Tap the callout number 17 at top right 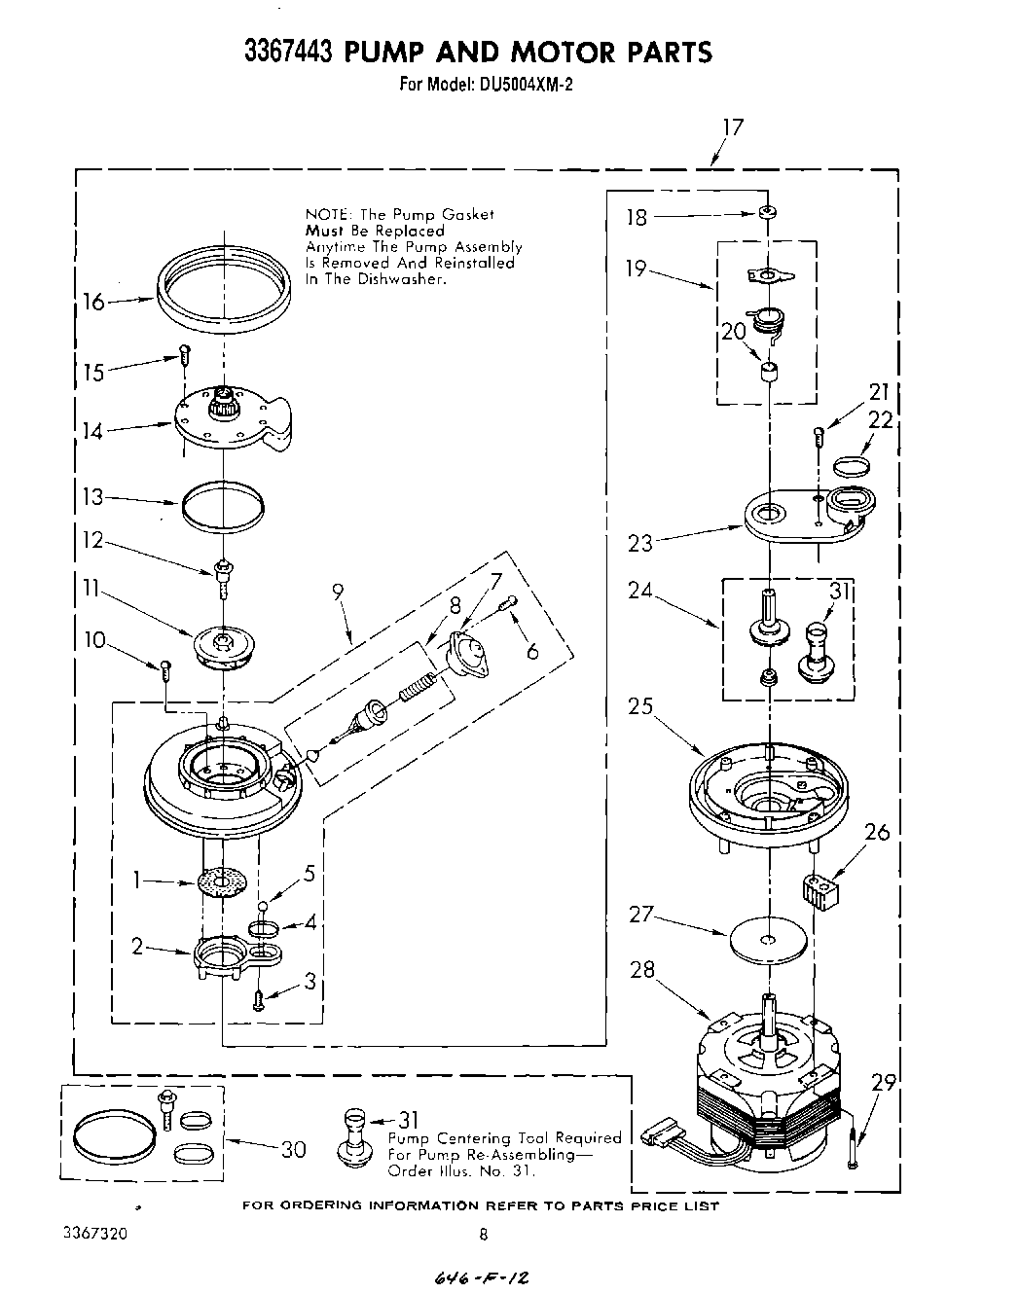tap(732, 127)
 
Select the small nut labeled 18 tap(768, 213)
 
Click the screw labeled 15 tap(182, 355)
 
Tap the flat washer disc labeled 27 tap(767, 939)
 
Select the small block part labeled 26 tap(820, 892)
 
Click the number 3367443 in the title tap(288, 51)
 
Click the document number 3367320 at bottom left tap(93, 1232)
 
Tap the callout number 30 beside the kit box tap(294, 1149)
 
